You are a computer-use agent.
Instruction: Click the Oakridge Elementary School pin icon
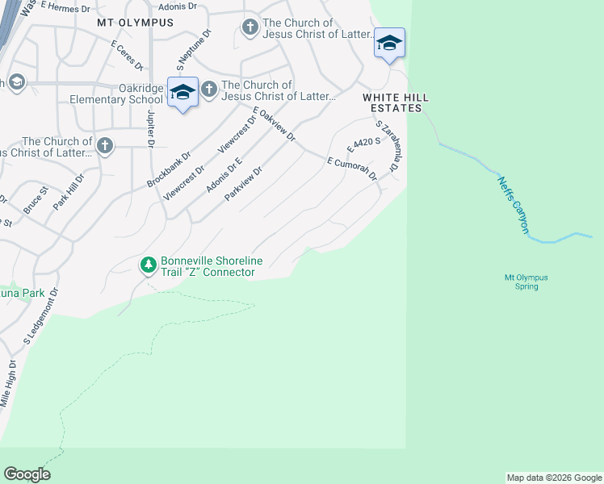(182, 93)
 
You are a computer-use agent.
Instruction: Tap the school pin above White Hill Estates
(389, 44)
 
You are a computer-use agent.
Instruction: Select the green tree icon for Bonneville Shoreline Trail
(149, 265)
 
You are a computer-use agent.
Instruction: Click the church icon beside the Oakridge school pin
(208, 89)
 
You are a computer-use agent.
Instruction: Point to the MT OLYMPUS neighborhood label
(135, 23)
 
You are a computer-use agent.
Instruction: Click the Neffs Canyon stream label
(514, 206)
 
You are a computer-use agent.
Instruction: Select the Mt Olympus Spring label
(526, 282)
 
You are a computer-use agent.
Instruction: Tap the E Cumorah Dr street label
(353, 168)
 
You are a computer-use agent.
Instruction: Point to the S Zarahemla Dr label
(388, 146)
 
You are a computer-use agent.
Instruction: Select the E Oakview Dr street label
(274, 124)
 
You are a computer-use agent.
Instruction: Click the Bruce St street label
(36, 201)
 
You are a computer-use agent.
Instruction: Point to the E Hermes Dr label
(61, 6)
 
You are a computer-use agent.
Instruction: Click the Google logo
(27, 474)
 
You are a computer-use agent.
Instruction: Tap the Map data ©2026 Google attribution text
(553, 478)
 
